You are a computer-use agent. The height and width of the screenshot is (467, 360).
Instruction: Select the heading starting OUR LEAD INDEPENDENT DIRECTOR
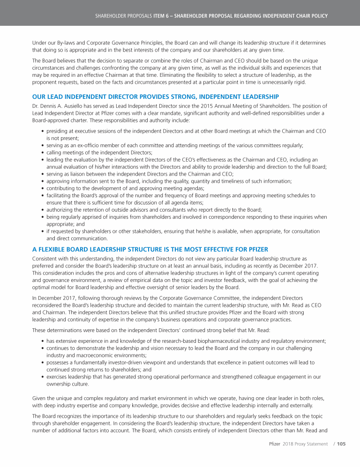(155, 97)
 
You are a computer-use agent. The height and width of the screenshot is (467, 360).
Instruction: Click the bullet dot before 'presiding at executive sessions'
(43, 132)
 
